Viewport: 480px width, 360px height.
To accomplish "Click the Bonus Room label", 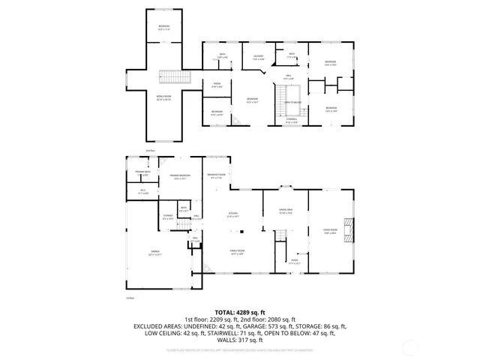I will coord(163,97).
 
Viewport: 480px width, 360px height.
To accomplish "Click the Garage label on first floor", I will coord(155,253).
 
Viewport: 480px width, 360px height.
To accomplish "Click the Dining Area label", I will coord(285,211).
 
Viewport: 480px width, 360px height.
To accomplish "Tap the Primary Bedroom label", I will coord(179,177).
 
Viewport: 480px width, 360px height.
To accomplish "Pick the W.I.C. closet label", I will coord(142,191).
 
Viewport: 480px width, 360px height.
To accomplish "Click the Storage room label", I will coord(167,217).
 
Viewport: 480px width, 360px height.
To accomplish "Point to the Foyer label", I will coord(294,262).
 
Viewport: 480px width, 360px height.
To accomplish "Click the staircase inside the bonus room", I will coord(173,76).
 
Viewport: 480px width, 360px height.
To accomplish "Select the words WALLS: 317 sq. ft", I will coord(239,340).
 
